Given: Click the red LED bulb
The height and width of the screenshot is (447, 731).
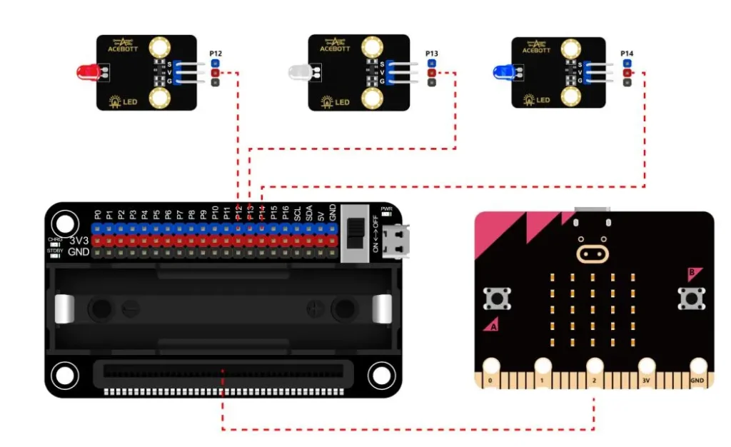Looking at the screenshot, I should point(86,71).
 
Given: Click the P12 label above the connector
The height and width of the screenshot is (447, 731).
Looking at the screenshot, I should point(215,54).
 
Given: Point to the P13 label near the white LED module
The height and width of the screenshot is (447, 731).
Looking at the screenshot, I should point(431,54).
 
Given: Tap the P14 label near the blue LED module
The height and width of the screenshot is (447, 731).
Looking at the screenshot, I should point(627,54).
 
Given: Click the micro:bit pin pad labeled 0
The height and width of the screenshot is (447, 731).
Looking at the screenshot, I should point(490,368).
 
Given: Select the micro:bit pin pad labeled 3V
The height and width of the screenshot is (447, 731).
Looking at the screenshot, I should point(647,368).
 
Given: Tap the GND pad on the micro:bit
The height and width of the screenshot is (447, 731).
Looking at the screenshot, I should point(697,368).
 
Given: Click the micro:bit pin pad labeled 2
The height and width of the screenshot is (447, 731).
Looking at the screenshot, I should point(595,368).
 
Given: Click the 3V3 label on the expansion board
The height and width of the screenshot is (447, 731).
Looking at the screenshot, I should point(79,240).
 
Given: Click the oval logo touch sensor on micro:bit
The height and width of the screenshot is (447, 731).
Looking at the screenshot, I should point(593,253).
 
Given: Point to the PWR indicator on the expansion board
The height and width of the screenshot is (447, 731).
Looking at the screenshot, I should point(386,212).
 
